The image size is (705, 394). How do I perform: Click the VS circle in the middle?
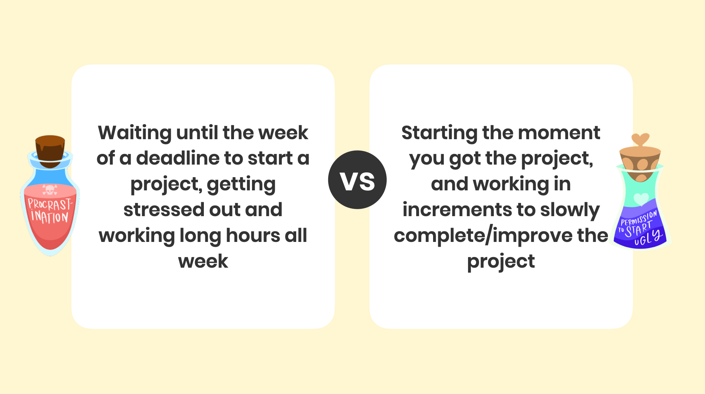pos(357,180)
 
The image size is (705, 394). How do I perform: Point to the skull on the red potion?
pos(50,190)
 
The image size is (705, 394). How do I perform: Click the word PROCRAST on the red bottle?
pos(50,204)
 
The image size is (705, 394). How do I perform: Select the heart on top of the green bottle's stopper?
pos(640,140)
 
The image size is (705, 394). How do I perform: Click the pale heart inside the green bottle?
pos(641,199)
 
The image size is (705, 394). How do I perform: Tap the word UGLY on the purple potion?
pos(648,238)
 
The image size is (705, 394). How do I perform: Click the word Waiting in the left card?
pos(135,133)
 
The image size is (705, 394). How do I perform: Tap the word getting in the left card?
pos(241,184)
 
